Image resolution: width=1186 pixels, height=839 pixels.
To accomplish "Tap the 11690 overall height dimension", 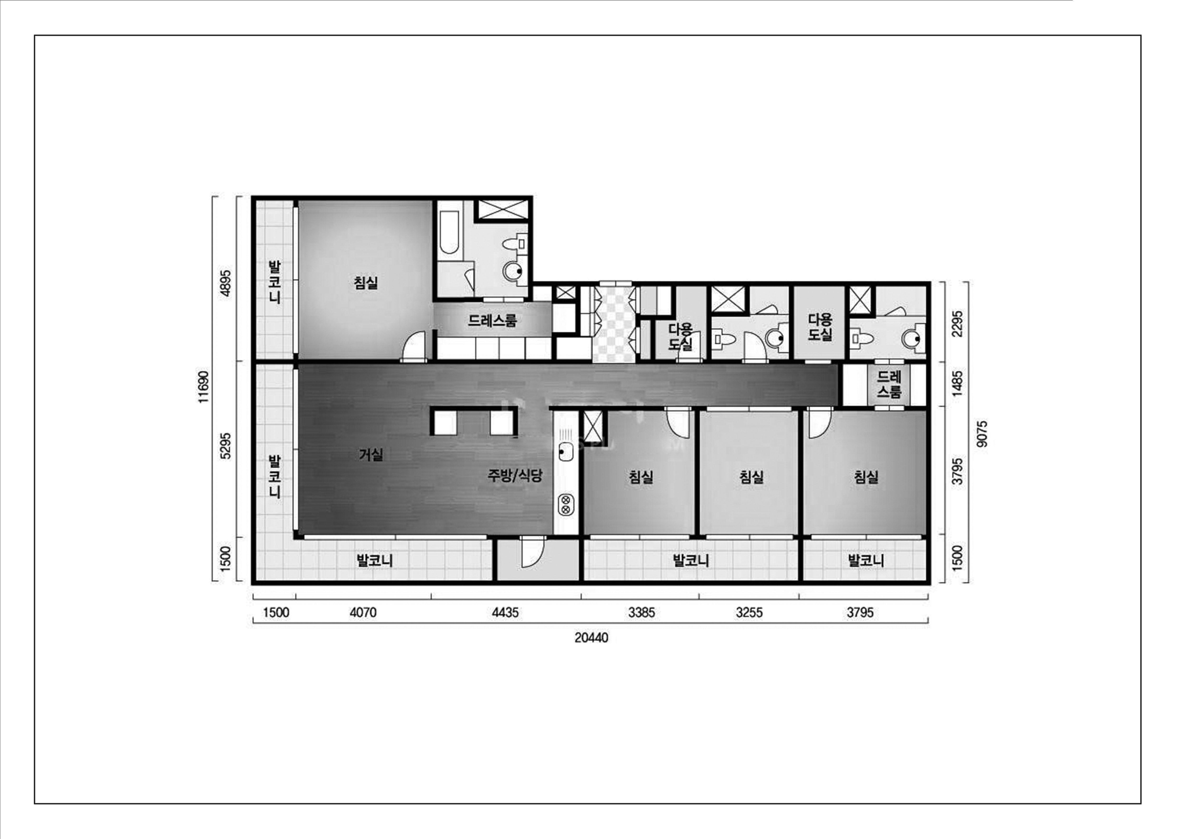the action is point(204,387).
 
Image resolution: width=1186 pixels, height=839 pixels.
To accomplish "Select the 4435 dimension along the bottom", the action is point(505,613).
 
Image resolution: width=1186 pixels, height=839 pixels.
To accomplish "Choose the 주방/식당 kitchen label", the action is point(515,475).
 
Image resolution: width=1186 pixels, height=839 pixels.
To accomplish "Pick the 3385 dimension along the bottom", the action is point(642,613).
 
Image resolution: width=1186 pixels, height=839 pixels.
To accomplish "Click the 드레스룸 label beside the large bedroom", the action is point(492,320).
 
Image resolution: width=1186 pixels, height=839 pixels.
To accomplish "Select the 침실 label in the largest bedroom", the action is point(366,283).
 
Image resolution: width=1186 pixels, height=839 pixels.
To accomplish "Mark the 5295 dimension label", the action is point(226,446).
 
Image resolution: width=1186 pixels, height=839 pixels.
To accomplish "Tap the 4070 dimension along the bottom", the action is point(363,613).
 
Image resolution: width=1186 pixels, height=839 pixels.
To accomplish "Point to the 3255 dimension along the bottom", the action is point(749,613).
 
